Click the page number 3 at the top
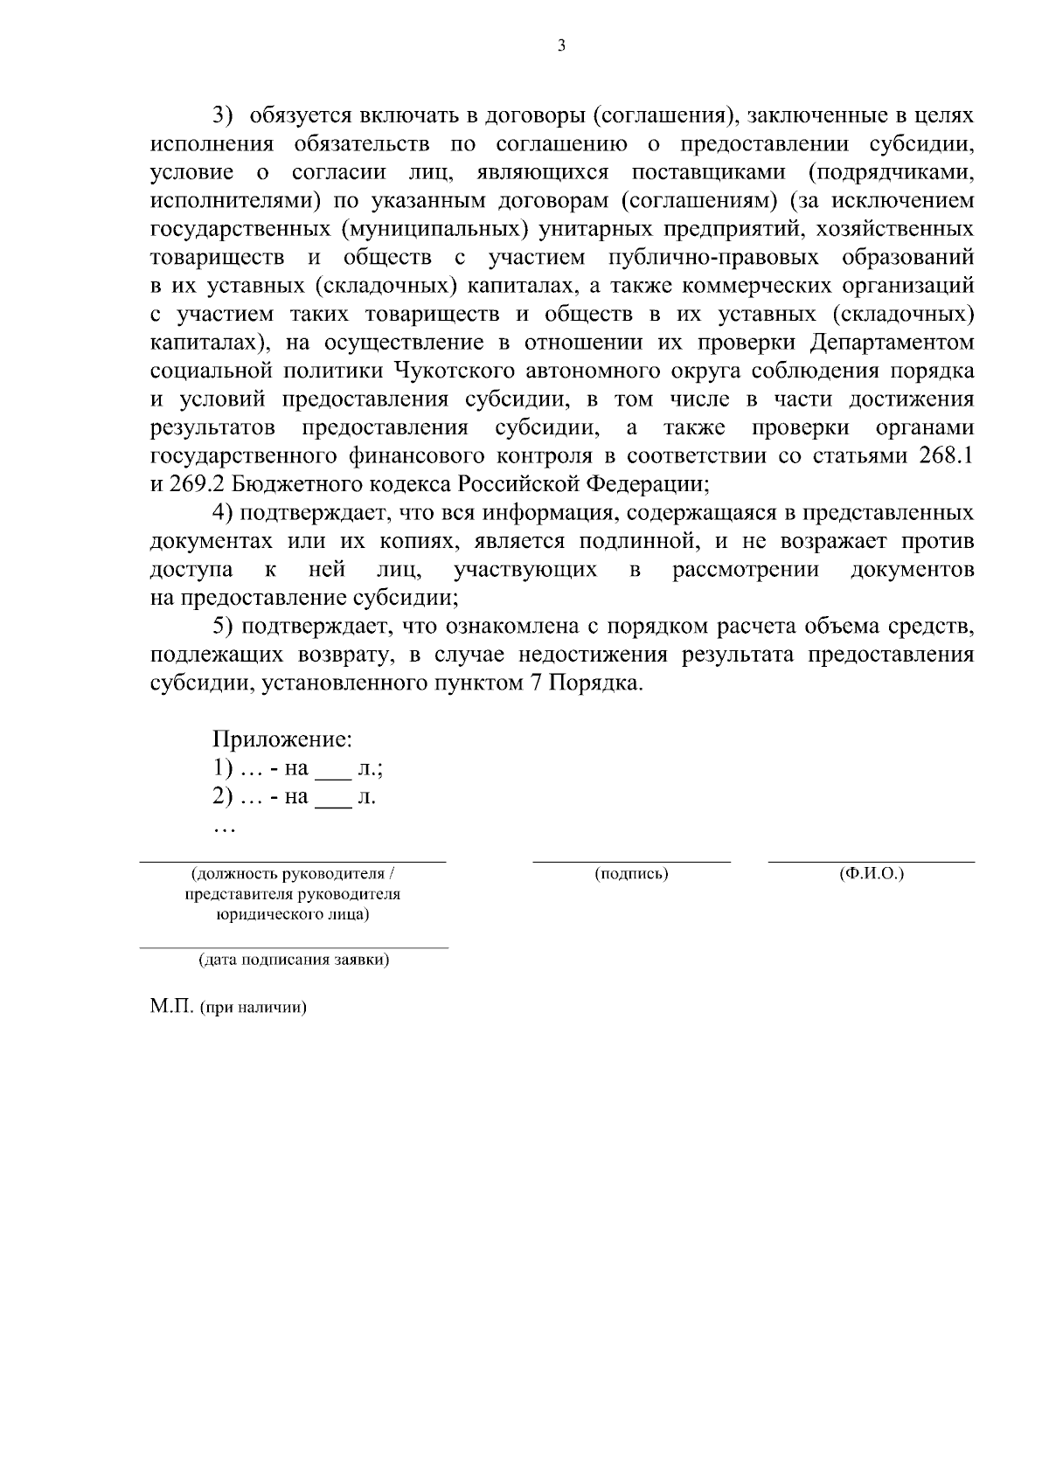pyautogui.click(x=561, y=45)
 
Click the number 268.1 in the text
pyautogui.click(x=946, y=456)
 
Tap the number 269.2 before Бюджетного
pyautogui.click(x=191, y=484)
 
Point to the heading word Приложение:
pyautogui.click(x=282, y=740)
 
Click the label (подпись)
pyautogui.click(x=631, y=874)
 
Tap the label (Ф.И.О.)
pyautogui.click(x=871, y=874)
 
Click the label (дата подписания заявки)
pyautogui.click(x=295, y=960)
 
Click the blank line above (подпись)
pyautogui.click(x=631, y=861)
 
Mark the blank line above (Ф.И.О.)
pyautogui.click(x=871, y=861)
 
